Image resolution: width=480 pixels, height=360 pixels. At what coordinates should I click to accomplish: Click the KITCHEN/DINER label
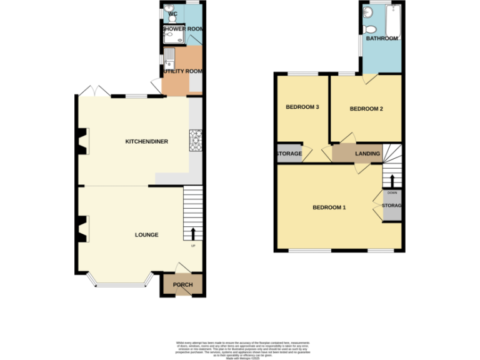146,142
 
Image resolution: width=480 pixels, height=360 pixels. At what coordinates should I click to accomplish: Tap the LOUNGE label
146,235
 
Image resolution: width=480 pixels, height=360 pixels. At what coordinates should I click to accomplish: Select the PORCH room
182,285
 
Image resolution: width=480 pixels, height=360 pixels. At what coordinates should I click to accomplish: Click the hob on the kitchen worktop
195,140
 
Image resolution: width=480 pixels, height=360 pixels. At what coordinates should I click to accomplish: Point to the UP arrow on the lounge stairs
192,234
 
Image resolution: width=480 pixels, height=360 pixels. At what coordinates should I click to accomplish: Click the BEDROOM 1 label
329,207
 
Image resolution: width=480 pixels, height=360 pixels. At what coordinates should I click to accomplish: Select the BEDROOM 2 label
366,109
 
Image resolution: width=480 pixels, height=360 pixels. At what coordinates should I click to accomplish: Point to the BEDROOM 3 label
302,107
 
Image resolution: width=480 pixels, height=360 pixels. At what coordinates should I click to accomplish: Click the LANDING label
367,154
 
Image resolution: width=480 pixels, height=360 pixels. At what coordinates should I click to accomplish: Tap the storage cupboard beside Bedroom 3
289,154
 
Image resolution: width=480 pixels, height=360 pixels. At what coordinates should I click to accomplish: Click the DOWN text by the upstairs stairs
392,192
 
